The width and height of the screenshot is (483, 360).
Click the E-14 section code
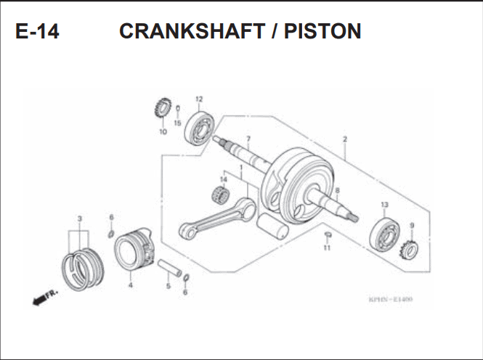[x=37, y=31]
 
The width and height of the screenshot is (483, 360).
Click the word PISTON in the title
[x=322, y=31]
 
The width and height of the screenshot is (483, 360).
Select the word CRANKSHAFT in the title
[x=192, y=31]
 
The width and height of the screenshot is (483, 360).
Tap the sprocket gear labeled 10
[x=162, y=107]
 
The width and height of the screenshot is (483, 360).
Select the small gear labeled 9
[x=409, y=250]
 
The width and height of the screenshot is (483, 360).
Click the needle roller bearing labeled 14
[x=221, y=195]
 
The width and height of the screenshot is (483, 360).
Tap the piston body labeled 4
[x=134, y=250]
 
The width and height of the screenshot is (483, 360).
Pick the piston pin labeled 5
[x=170, y=269]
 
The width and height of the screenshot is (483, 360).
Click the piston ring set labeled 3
[x=84, y=269]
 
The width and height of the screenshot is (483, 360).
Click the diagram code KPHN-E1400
[x=390, y=299]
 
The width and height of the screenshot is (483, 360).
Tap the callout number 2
[x=345, y=139]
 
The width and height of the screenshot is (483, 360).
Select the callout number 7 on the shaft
[x=248, y=139]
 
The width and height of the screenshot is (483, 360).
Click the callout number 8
[x=337, y=191]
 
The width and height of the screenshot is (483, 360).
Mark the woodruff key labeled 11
[x=328, y=234]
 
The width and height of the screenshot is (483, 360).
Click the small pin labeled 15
[x=178, y=109]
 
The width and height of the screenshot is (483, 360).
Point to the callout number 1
[x=241, y=168]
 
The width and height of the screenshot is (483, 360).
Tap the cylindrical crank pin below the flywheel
[x=272, y=226]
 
